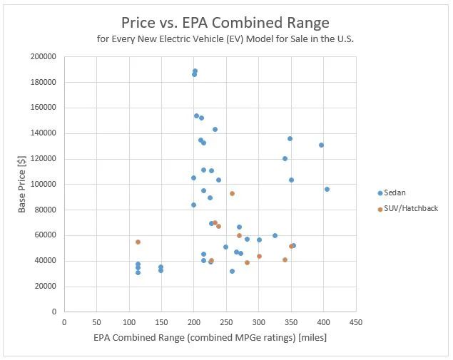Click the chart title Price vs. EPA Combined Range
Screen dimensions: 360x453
225,23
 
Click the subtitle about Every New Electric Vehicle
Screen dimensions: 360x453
225,38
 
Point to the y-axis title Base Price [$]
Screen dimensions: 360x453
22,184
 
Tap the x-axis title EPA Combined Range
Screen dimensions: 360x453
195,339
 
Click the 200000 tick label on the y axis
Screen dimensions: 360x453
44,56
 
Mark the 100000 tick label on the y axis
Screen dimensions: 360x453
44,184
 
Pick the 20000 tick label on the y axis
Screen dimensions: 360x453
46,287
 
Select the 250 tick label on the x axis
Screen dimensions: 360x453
226,322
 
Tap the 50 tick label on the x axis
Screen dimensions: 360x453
96,322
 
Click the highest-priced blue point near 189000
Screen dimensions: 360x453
195,71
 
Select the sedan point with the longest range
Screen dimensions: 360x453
327,189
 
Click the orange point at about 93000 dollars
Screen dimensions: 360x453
232,193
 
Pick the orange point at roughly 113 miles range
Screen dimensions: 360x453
138,242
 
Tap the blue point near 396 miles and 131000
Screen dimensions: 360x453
321,145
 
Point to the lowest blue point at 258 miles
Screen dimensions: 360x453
232,271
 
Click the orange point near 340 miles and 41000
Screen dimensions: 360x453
285,259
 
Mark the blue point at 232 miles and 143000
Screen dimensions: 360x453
215,129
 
